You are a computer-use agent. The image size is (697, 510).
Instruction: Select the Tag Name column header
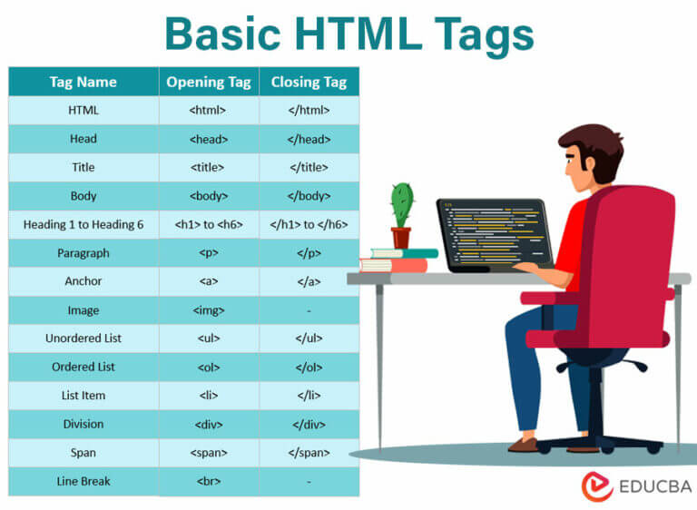tap(83, 82)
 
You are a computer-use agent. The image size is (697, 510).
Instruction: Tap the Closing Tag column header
tap(309, 82)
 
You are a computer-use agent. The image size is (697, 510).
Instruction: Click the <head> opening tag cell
tap(209, 139)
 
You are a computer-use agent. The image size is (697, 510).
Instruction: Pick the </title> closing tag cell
tap(309, 167)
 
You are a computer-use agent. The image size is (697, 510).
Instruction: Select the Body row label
tap(83, 196)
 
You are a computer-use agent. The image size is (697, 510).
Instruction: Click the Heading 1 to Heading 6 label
tap(83, 224)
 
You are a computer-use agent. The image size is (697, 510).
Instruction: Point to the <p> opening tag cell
tap(209, 253)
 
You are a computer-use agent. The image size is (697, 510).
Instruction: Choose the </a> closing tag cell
tap(309, 281)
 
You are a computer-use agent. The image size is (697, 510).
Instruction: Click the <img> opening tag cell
tap(209, 310)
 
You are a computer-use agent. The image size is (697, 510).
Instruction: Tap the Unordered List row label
tap(83, 338)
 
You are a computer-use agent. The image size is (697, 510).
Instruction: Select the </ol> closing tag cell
tap(309, 367)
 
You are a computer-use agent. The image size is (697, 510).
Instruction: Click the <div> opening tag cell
tap(209, 424)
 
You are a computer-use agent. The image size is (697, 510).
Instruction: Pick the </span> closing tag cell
tap(309, 452)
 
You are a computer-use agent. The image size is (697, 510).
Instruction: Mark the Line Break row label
tap(83, 481)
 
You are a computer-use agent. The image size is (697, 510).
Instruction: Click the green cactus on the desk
tap(401, 206)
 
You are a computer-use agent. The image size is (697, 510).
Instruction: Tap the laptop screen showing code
tap(493, 232)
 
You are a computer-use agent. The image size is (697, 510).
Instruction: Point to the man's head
tap(589, 160)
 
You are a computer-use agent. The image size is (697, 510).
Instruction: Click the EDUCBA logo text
tap(652, 485)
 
